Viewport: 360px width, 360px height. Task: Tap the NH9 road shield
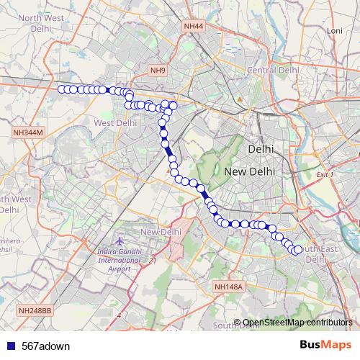[158, 70]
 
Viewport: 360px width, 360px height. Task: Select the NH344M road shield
[28, 132]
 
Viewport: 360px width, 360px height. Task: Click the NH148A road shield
[230, 287]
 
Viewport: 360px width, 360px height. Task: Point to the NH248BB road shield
[35, 310]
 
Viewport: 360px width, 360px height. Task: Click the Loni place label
[334, 51]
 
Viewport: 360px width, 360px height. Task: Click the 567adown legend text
[46, 346]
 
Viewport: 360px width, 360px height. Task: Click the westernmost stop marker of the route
[62, 89]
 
